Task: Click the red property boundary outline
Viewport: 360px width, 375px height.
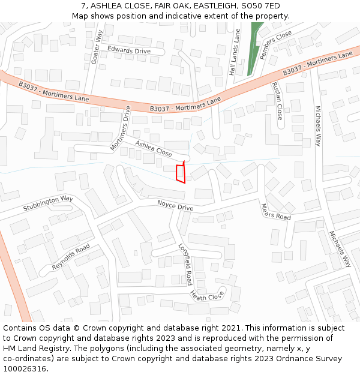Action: [180, 173]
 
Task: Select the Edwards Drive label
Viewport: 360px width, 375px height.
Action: [129, 51]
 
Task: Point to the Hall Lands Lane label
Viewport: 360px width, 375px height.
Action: [235, 52]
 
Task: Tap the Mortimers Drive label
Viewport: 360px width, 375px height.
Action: [120, 128]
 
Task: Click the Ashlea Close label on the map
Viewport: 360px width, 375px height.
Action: [153, 148]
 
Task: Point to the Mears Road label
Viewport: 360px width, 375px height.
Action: [275, 212]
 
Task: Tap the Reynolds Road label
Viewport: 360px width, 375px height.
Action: [70, 256]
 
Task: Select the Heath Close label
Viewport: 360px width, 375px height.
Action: [206, 295]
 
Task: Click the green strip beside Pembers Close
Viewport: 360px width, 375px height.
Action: [255, 48]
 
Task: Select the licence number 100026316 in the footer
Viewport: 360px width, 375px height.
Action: [25, 369]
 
